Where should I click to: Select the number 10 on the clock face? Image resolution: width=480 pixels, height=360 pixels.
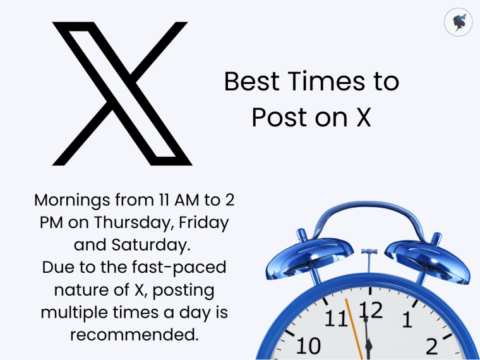(x=308, y=345)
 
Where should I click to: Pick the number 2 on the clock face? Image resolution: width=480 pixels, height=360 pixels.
(x=432, y=346)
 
